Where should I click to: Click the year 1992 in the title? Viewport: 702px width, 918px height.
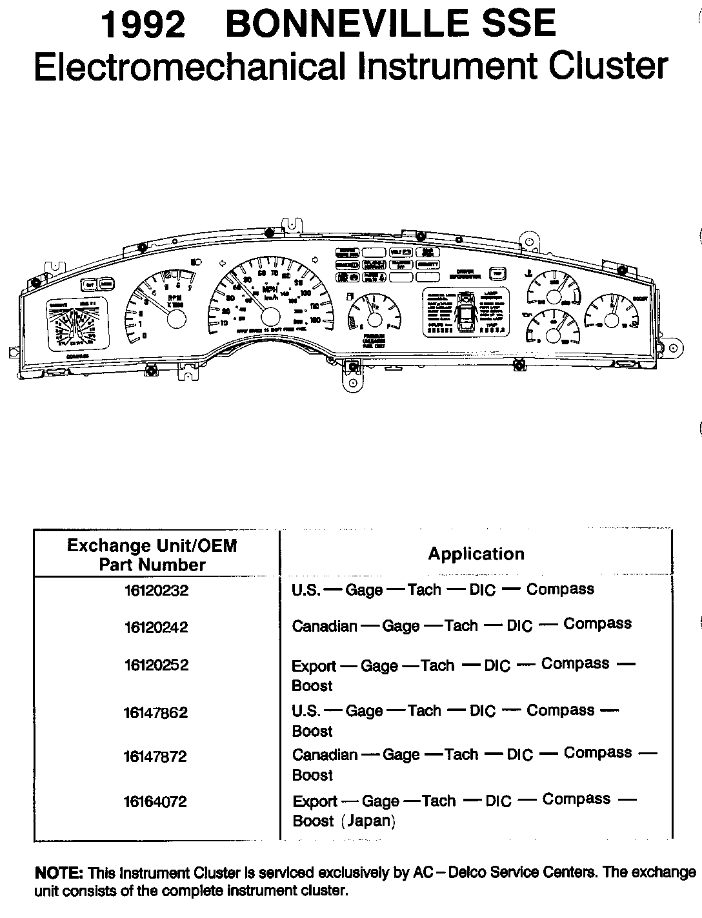[143, 26]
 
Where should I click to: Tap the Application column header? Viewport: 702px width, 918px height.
[476, 554]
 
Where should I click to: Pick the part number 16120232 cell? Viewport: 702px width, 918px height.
[156, 590]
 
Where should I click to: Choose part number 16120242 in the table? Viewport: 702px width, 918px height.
[156, 627]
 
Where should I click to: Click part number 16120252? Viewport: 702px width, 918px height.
[156, 665]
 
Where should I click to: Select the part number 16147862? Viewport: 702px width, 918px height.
[156, 712]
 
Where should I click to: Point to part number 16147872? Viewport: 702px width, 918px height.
[156, 756]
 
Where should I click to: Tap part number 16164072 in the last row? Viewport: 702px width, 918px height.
[156, 801]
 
